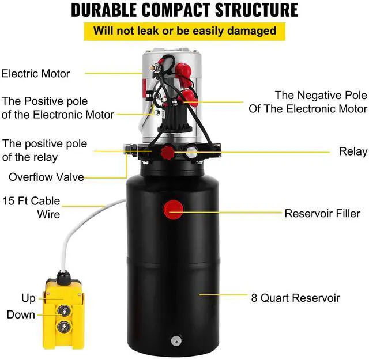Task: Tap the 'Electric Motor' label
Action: pos(36,74)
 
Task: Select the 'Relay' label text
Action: pos(353,151)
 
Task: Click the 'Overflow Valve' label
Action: pos(46,177)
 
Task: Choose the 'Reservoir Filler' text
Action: pos(322,213)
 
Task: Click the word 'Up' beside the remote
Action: pos(28,298)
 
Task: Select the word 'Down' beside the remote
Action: pos(21,315)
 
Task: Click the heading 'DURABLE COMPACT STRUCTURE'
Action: pos(184,10)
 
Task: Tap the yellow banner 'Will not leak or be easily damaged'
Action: pos(184,31)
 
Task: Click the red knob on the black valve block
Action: pos(167,153)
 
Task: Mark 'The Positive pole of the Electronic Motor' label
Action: pos(58,107)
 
